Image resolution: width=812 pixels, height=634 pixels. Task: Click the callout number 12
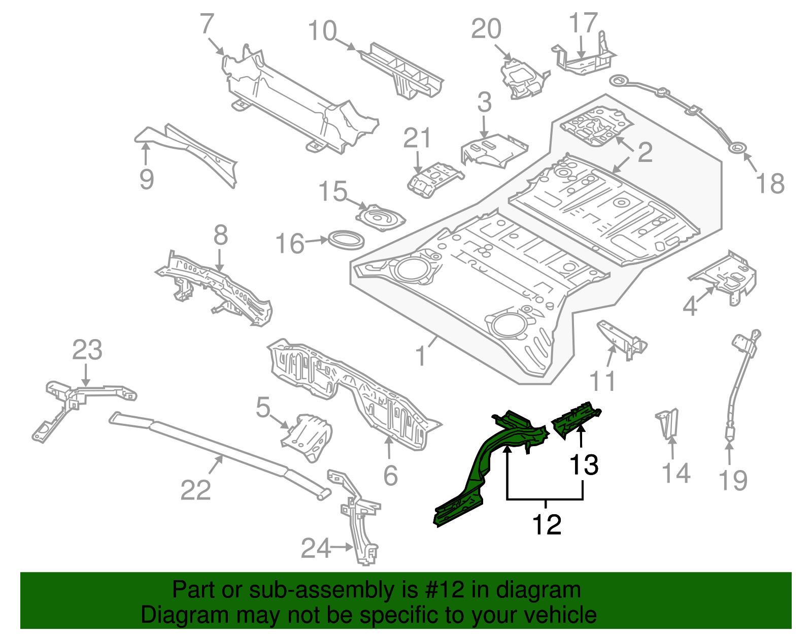click(547, 524)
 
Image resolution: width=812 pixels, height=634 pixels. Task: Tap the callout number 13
click(584, 464)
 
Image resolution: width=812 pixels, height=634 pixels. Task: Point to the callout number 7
click(207, 24)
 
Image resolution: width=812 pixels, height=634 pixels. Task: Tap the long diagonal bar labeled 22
click(218, 452)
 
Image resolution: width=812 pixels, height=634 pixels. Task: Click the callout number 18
click(770, 183)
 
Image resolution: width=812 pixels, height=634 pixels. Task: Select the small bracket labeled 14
click(668, 423)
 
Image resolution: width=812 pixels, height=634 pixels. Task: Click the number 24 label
click(316, 548)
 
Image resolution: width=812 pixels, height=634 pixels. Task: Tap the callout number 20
click(486, 29)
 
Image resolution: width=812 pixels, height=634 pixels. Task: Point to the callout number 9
click(147, 179)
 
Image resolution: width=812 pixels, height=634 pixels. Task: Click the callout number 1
click(421, 356)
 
